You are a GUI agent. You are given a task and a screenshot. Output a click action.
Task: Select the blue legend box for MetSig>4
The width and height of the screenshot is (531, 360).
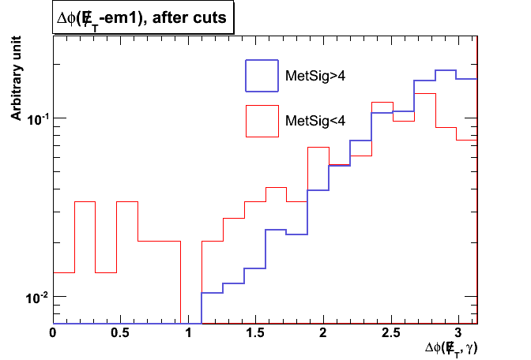(x=263, y=76)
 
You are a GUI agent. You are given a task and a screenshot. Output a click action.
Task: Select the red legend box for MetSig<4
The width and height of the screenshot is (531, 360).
(x=263, y=120)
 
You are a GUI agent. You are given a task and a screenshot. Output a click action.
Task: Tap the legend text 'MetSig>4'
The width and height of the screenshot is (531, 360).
(x=314, y=76)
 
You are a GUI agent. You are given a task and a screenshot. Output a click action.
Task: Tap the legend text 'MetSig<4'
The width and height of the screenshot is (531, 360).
(x=314, y=120)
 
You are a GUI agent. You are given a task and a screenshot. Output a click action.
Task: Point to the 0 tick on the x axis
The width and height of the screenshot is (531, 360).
(x=53, y=333)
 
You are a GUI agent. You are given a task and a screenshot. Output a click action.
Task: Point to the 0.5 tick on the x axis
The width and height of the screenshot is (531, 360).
(x=120, y=333)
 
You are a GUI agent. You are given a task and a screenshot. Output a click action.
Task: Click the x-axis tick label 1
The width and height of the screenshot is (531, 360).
(x=188, y=333)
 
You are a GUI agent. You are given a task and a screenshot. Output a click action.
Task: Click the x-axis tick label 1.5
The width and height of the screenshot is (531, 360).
(x=255, y=333)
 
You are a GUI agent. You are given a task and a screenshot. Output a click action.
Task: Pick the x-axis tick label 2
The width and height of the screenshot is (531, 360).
(x=323, y=333)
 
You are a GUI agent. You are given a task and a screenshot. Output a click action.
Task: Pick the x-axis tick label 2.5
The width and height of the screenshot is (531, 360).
(x=390, y=333)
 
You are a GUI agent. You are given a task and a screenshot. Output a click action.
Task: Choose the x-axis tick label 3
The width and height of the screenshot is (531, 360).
(x=458, y=333)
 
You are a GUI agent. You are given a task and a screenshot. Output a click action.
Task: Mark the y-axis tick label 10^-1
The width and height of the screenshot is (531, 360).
(x=36, y=118)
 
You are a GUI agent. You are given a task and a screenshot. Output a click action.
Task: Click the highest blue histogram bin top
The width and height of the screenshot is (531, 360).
(x=446, y=70)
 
